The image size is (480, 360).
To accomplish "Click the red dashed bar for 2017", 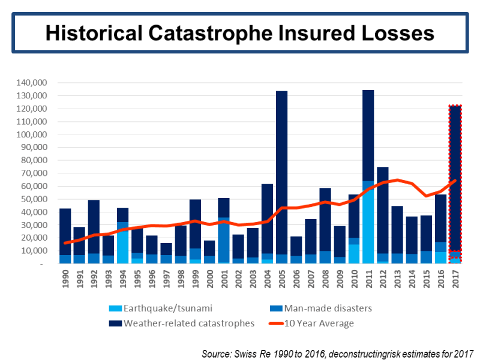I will (x=455, y=180).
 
